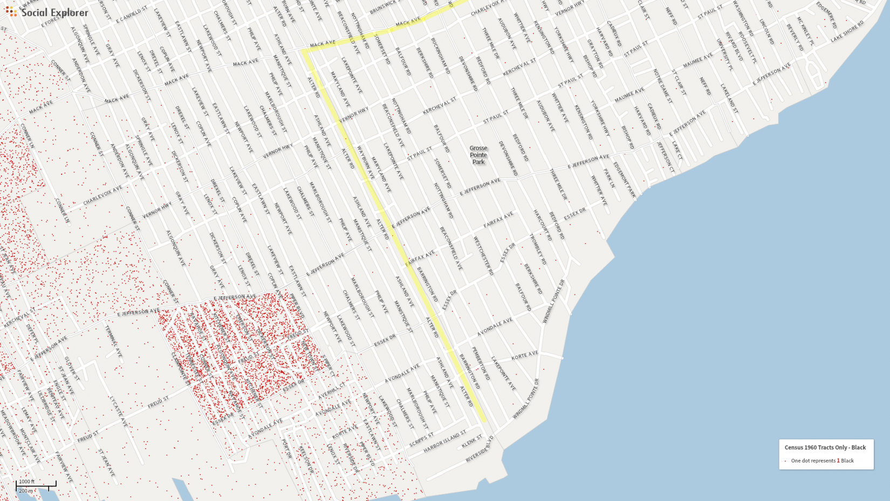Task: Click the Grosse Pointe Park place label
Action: click(x=478, y=155)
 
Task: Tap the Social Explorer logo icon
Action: click(x=11, y=12)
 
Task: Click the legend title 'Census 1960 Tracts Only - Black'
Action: click(x=825, y=448)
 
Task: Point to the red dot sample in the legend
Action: click(x=785, y=461)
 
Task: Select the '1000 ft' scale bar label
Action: click(x=26, y=482)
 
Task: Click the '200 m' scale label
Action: click(x=26, y=491)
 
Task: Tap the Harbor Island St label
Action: click(x=445, y=442)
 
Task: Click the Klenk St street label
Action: click(x=472, y=442)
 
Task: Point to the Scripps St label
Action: click(x=421, y=439)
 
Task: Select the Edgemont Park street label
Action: click(x=625, y=180)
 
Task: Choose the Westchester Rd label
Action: click(x=483, y=256)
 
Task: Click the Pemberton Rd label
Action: click(x=481, y=363)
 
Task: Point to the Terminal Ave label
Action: click(x=113, y=341)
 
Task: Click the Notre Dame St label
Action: click(x=662, y=86)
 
